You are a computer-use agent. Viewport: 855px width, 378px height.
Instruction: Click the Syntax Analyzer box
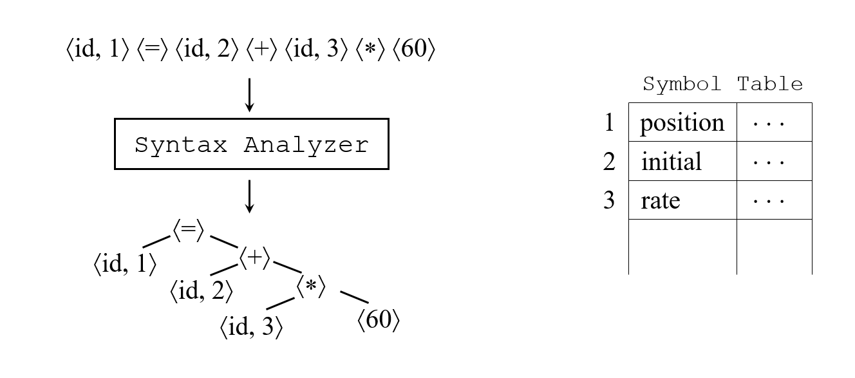coord(251,144)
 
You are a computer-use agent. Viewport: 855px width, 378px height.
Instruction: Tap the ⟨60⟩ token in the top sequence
coord(413,50)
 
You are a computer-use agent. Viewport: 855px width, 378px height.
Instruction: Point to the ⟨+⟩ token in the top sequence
coord(260,50)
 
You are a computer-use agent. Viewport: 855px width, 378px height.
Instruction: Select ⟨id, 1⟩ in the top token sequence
coord(97,50)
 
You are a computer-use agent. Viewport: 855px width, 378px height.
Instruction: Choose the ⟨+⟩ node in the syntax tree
coord(255,258)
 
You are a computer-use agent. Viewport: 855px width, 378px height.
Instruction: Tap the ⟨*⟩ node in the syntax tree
coord(312,287)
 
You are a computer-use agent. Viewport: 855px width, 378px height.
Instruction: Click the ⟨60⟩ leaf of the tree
coord(379,320)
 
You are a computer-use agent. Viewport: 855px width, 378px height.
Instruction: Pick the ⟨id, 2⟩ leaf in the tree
coord(201,291)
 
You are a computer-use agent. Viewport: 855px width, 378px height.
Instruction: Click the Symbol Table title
coord(722,84)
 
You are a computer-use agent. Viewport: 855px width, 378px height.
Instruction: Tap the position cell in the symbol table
coord(682,122)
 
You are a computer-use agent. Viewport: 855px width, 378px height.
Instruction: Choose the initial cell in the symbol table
coord(682,161)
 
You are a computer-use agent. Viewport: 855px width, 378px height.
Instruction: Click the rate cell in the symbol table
coord(682,200)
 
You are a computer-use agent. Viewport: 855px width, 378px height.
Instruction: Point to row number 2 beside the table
coord(609,162)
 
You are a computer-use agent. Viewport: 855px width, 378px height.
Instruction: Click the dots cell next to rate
coord(774,200)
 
